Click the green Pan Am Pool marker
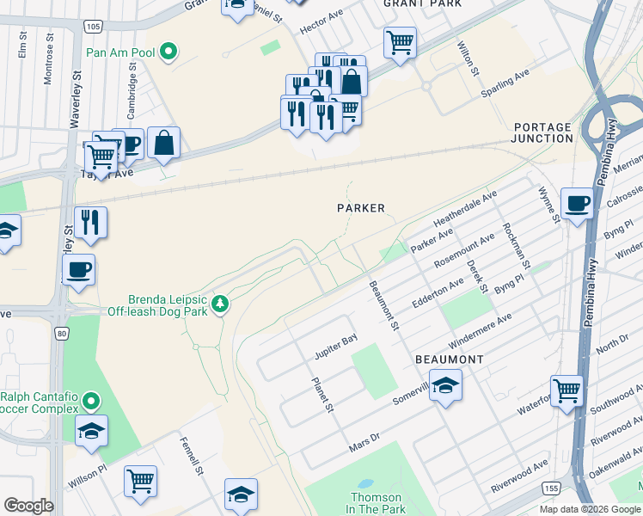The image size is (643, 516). click(x=169, y=52)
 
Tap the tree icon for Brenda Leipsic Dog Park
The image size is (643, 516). click(x=221, y=304)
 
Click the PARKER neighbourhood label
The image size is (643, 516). click(x=360, y=208)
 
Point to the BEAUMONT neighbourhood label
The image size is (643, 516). click(x=449, y=359)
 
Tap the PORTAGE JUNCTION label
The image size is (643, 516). click(x=541, y=132)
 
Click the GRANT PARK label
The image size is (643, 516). click(x=422, y=4)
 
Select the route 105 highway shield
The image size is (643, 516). click(x=94, y=27)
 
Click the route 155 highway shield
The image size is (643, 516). click(x=551, y=488)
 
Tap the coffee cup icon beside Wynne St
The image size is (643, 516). click(x=577, y=205)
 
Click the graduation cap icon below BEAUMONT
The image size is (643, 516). click(x=445, y=386)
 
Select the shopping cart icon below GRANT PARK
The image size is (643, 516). click(x=400, y=41)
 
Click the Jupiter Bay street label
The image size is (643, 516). click(x=336, y=346)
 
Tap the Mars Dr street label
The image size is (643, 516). click(x=364, y=446)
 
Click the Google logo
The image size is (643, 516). click(x=28, y=506)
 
